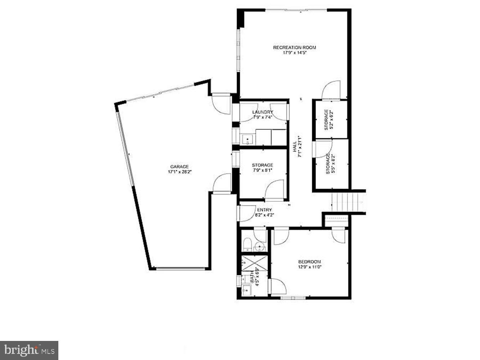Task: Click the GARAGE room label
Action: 179,166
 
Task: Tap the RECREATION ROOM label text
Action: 294,48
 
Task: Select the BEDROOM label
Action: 309,262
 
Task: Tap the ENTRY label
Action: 265,210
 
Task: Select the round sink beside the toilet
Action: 260,247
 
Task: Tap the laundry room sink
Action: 247,139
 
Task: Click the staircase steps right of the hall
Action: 347,203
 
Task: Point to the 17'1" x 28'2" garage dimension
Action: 179,172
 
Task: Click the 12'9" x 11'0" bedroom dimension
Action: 309,267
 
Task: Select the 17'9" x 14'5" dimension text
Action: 294,53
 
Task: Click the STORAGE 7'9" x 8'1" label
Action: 263,168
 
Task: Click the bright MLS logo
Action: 29,350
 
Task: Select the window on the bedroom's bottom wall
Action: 293,298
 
